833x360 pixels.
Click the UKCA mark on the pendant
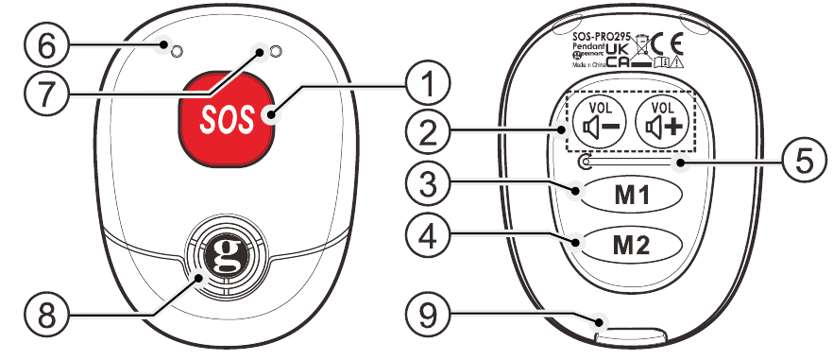pos(619,55)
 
